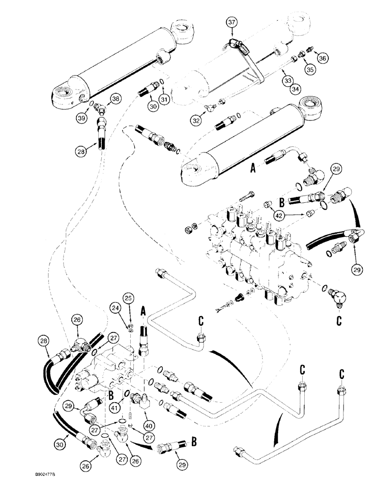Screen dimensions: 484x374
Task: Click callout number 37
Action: pos(232,22)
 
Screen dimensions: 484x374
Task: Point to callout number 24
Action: pos(115,306)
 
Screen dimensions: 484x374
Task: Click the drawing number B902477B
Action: pos(21,476)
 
